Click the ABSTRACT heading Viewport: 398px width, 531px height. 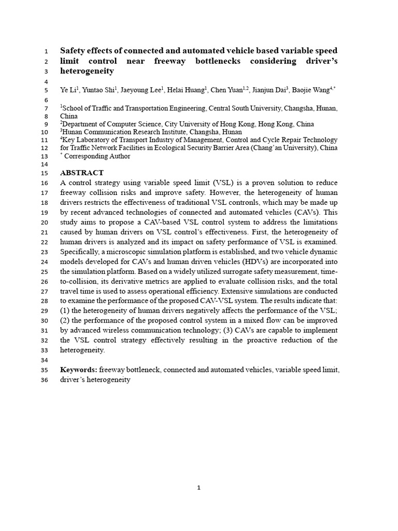(82, 173)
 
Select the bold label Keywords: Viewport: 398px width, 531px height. (78, 370)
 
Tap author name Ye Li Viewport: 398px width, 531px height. (68, 90)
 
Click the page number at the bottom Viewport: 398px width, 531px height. (199, 487)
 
